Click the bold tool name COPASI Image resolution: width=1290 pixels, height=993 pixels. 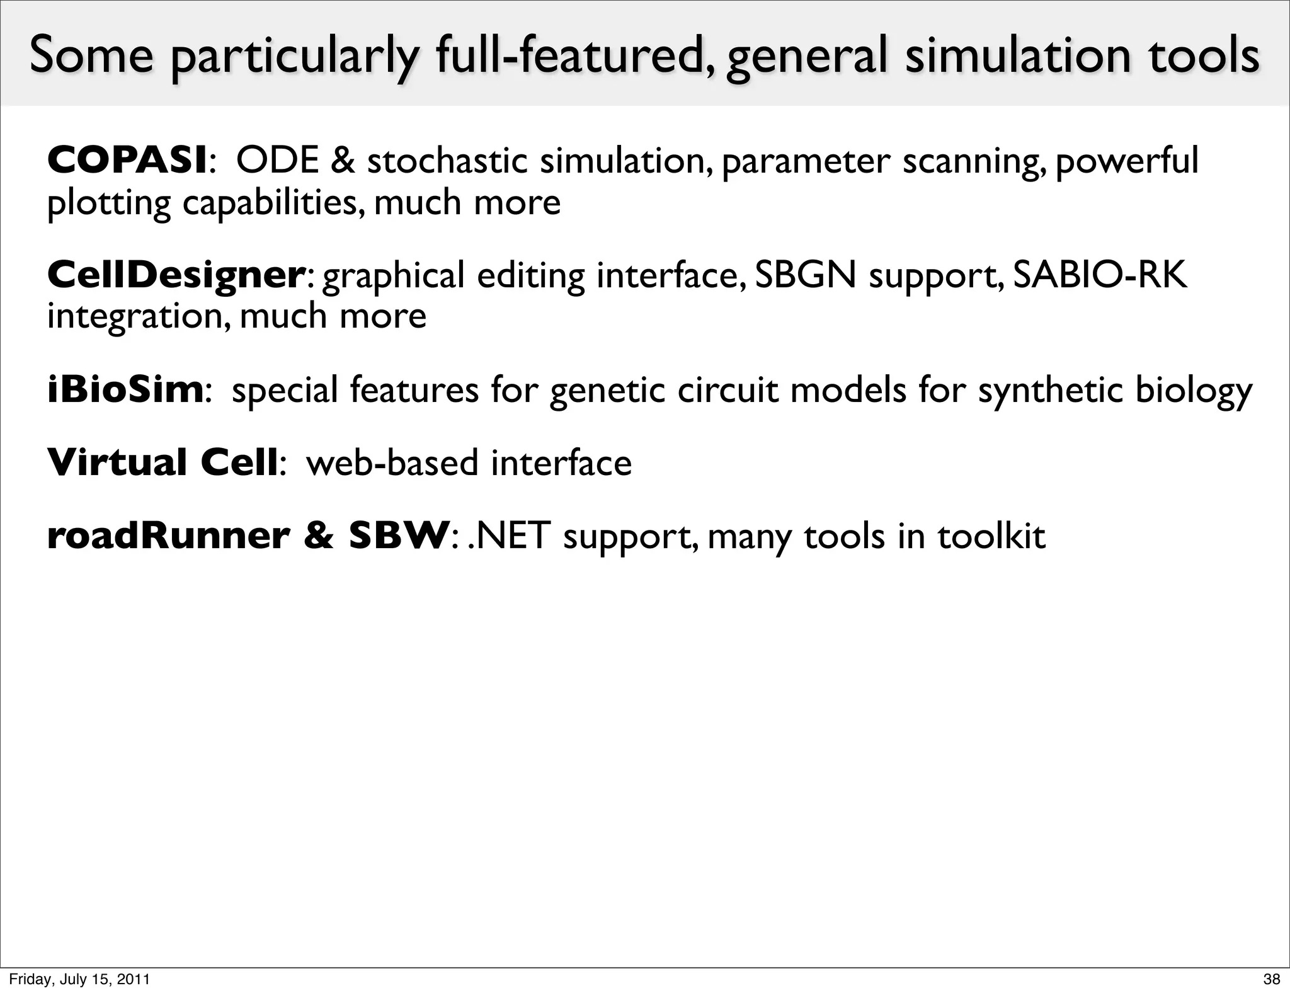(x=127, y=161)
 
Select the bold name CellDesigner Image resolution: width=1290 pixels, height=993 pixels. (x=176, y=275)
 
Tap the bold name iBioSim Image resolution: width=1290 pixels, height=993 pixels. (x=125, y=389)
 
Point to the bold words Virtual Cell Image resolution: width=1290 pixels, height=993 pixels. (x=163, y=462)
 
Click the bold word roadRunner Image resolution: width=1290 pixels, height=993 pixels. (x=168, y=536)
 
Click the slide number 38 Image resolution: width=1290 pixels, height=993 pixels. (x=1272, y=979)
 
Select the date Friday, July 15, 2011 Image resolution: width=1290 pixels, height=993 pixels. (x=79, y=979)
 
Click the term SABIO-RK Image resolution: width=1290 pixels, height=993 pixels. (x=1100, y=275)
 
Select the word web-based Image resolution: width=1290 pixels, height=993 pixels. (x=392, y=462)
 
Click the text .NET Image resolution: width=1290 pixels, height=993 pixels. (x=508, y=536)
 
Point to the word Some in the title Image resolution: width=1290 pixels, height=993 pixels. (x=91, y=55)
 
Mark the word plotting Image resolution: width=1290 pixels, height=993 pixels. (x=109, y=204)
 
